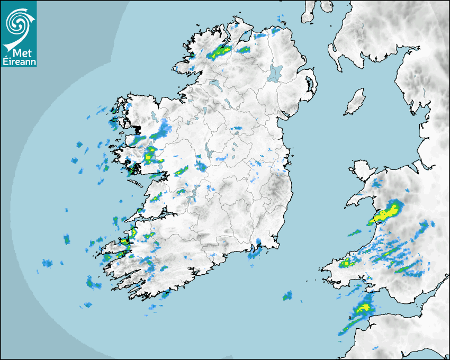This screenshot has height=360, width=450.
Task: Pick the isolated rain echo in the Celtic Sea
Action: tap(288, 295)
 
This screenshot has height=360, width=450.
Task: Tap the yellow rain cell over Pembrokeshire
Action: tap(348, 263)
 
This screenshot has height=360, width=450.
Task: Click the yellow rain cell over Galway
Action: tap(150, 153)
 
